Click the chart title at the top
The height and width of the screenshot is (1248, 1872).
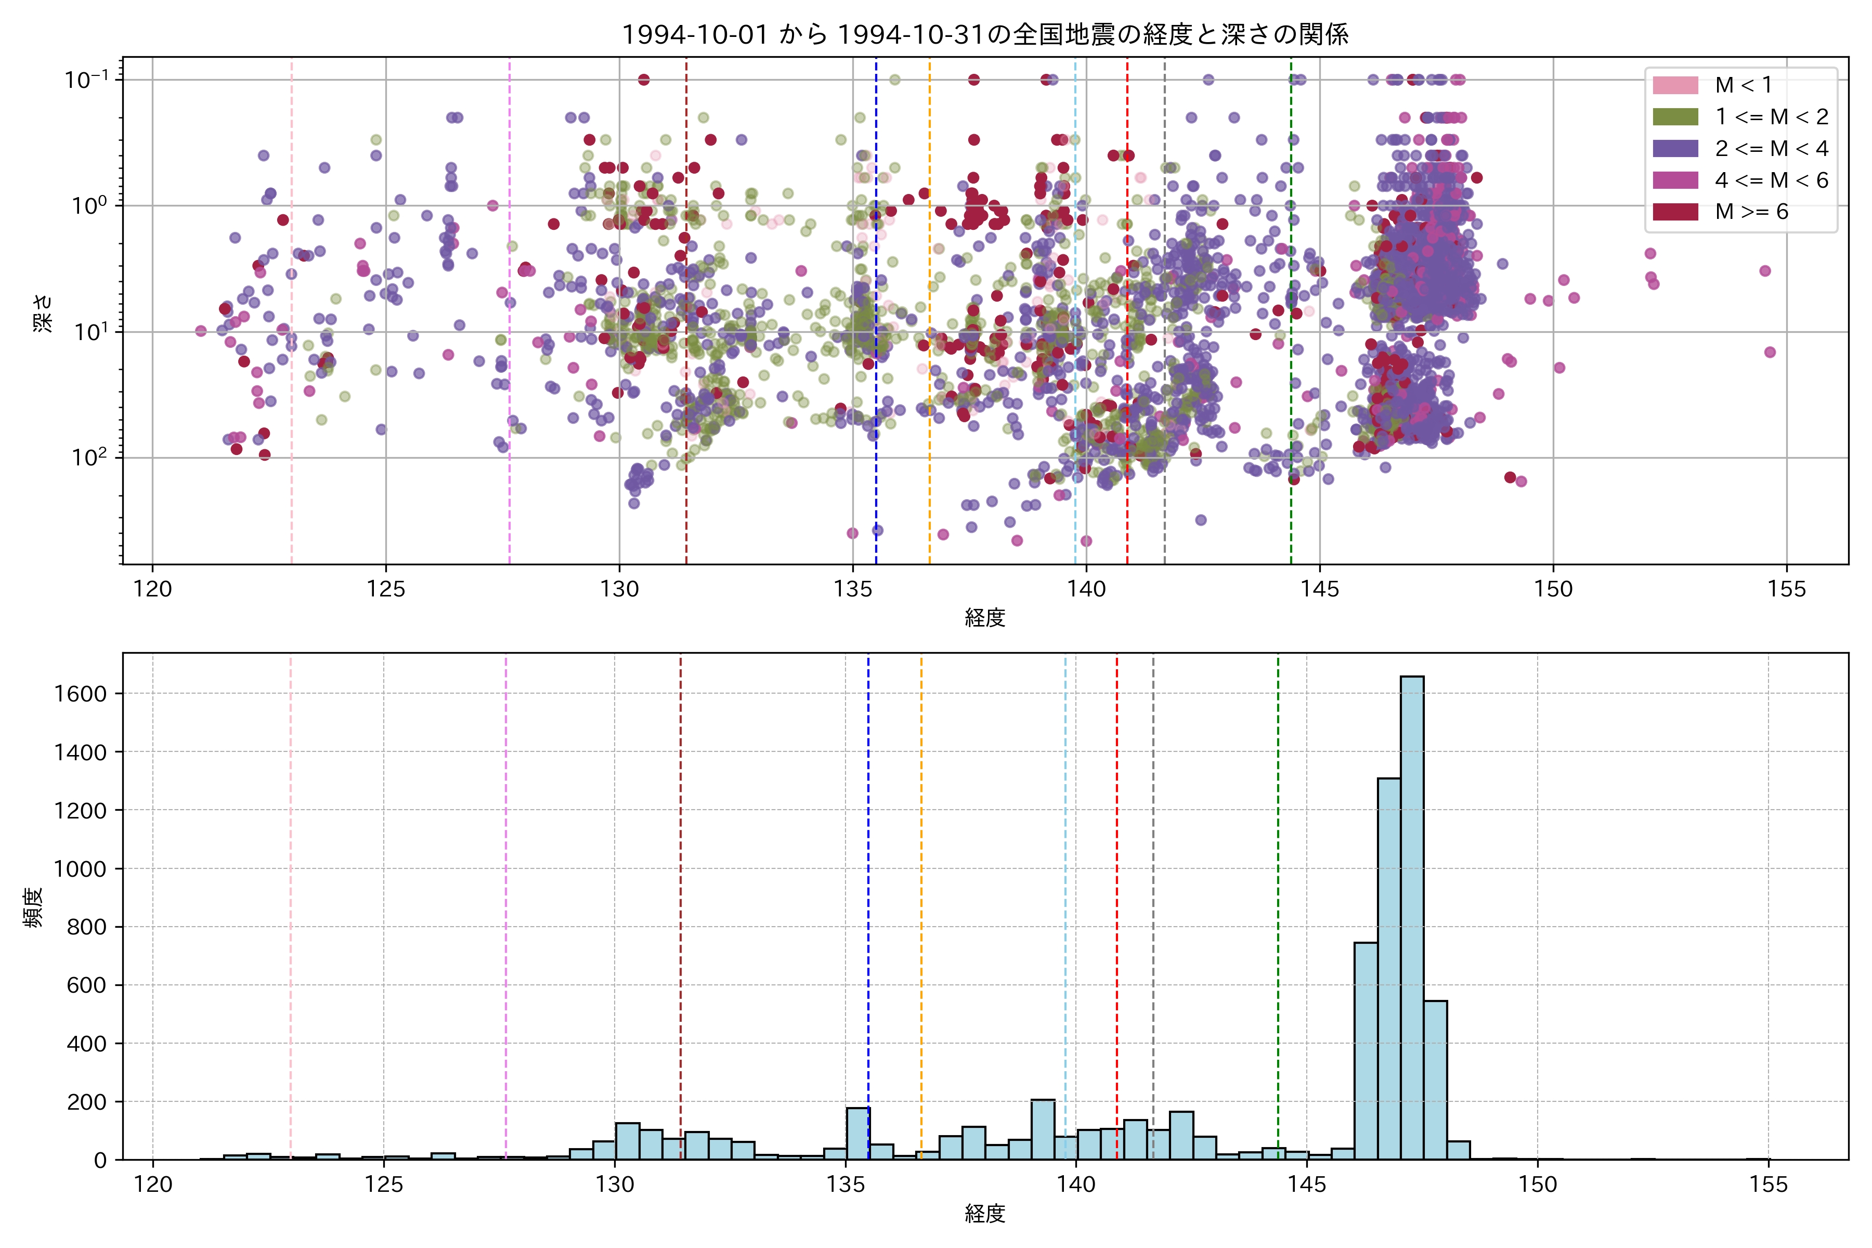(984, 35)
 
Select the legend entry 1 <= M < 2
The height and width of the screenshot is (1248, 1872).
(1771, 117)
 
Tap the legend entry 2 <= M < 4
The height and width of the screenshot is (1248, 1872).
(1771, 149)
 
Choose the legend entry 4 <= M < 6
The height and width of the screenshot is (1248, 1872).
(1771, 180)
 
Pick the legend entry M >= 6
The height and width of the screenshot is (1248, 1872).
(1751, 212)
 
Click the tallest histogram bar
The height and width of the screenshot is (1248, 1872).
(1411, 915)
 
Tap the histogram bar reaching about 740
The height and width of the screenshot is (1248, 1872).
(1366, 1050)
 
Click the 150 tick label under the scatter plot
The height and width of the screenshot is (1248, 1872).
(1553, 590)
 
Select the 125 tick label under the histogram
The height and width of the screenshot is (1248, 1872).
(384, 1185)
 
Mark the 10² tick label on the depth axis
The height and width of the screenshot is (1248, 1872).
(89, 458)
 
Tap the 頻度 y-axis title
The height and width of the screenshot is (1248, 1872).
(33, 907)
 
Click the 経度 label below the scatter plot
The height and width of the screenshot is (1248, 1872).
(984, 618)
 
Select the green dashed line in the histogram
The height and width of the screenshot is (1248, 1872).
(1278, 876)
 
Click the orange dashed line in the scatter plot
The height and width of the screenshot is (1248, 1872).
(930, 318)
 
